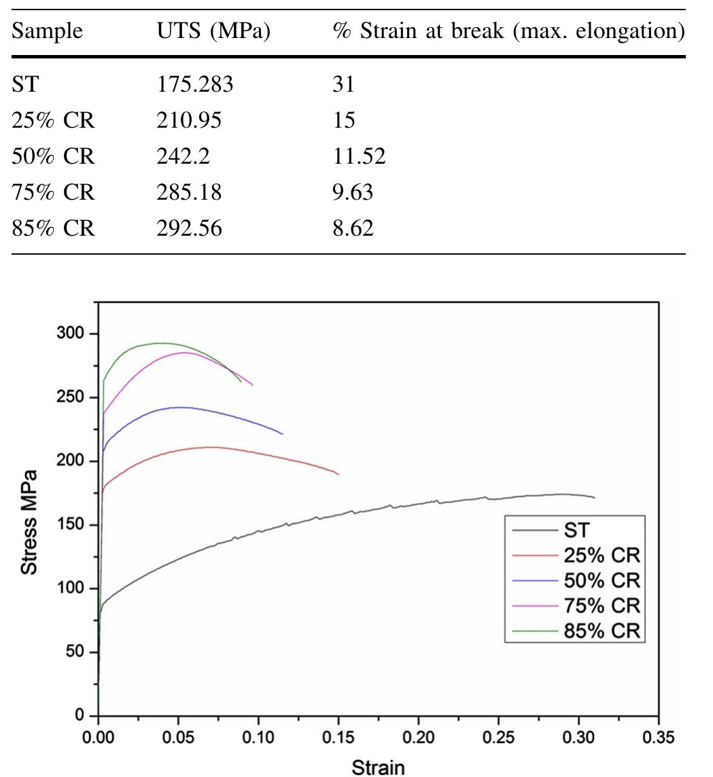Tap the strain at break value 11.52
tap(359, 157)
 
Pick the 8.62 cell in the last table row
tap(353, 229)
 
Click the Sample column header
tap(48, 31)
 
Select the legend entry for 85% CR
tap(601, 630)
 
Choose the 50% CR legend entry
tap(601, 580)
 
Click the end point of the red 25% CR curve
tap(338, 474)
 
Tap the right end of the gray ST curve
tap(595, 497)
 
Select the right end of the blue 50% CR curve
tap(283, 433)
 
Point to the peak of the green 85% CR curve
tap(162, 343)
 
